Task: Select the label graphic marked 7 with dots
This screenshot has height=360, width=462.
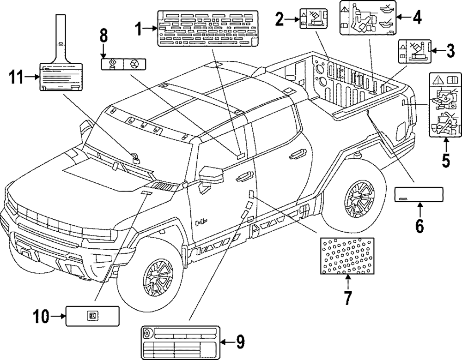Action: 347,256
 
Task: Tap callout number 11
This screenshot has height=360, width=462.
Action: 16,78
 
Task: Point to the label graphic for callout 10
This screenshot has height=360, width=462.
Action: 92,316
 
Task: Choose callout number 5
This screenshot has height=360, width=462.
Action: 445,160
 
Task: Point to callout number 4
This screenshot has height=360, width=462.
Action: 417,17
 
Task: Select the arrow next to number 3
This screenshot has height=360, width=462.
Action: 438,51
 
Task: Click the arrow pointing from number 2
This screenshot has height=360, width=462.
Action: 292,19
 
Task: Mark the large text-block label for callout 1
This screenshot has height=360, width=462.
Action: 208,29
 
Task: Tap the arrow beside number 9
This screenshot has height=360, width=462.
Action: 227,342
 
